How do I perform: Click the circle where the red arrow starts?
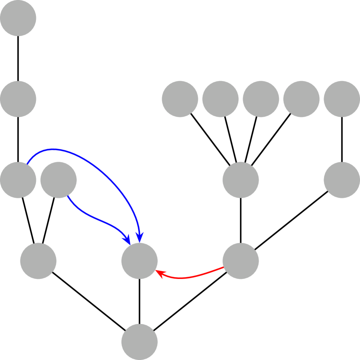(240, 261)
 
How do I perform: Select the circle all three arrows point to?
(139, 261)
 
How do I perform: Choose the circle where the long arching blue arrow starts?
(18, 180)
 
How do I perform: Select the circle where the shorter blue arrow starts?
(58, 180)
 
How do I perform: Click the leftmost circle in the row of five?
(180, 99)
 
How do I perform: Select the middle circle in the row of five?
(261, 99)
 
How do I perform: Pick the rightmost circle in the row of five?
(342, 99)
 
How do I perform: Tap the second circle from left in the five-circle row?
(220, 99)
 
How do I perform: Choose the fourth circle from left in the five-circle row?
(301, 99)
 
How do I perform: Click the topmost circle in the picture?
(18, 18)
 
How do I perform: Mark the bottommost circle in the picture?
(139, 342)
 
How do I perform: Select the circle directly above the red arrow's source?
(240, 180)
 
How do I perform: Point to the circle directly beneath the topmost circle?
(18, 99)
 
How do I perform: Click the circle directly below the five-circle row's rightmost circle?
(342, 180)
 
